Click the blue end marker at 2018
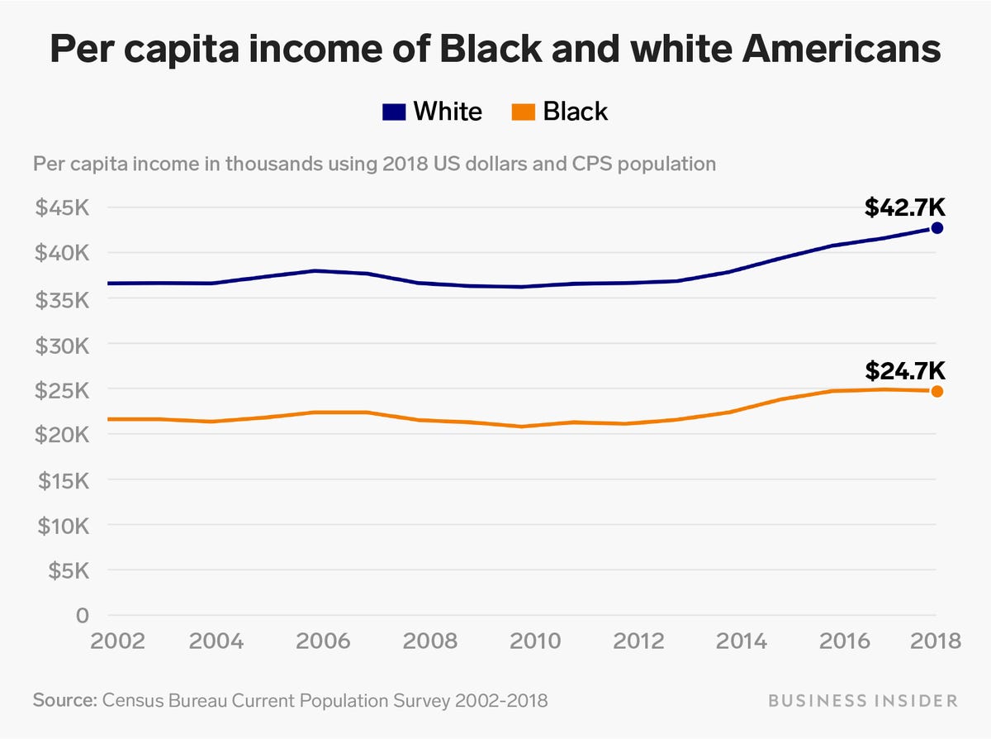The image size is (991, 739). (936, 228)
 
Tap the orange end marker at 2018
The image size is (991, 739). (936, 391)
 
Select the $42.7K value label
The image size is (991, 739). (904, 207)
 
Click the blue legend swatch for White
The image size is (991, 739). (394, 112)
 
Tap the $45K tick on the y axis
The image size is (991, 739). (61, 207)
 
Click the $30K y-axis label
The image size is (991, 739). (61, 344)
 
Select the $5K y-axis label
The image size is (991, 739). (67, 571)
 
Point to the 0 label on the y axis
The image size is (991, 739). (81, 616)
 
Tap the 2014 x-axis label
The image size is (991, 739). (729, 641)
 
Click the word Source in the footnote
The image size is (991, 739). (63, 701)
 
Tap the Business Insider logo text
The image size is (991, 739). (863, 701)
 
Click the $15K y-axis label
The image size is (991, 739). (61, 480)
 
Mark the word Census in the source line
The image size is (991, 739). (132, 701)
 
